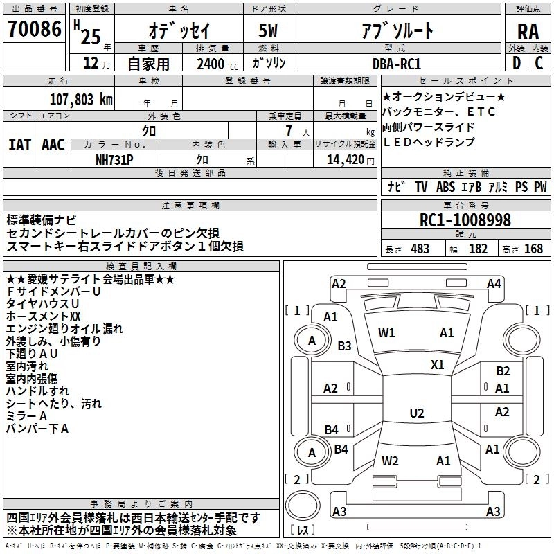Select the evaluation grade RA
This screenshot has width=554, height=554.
[528, 31]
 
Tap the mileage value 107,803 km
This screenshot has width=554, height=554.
[81, 99]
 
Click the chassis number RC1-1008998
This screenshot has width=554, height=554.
[465, 221]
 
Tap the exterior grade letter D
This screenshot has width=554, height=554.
[517, 63]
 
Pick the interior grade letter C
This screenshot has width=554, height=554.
[539, 63]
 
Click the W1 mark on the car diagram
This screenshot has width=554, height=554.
[386, 333]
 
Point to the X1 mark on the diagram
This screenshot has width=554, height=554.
[438, 364]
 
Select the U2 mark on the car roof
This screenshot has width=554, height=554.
[416, 413]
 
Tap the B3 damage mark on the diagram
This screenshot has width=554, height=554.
[344, 346]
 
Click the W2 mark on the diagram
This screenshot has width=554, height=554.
[390, 461]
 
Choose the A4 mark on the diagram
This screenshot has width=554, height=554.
[494, 283]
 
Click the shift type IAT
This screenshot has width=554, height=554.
[19, 145]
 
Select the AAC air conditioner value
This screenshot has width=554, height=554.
[53, 145]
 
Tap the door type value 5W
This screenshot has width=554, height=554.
[270, 31]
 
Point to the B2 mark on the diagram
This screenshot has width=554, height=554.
[502, 371]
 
